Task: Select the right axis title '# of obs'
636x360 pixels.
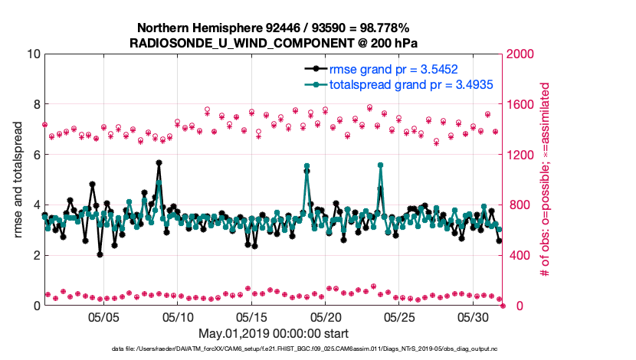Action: pyautogui.click(x=546, y=179)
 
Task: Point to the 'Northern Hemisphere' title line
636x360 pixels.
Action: pyautogui.click(x=273, y=28)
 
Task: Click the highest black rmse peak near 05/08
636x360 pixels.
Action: pyautogui.click(x=159, y=163)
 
